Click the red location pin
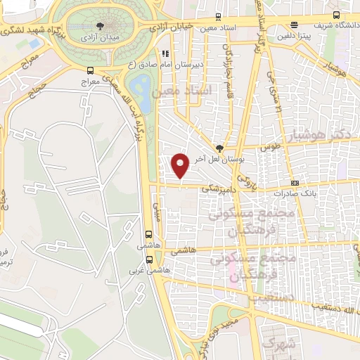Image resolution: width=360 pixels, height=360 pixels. coord(181,165)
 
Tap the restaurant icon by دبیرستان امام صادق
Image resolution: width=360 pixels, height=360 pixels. coord(166,52)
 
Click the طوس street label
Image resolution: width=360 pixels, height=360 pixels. coord(269,148)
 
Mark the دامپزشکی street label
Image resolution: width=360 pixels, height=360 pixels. coord(217,188)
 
